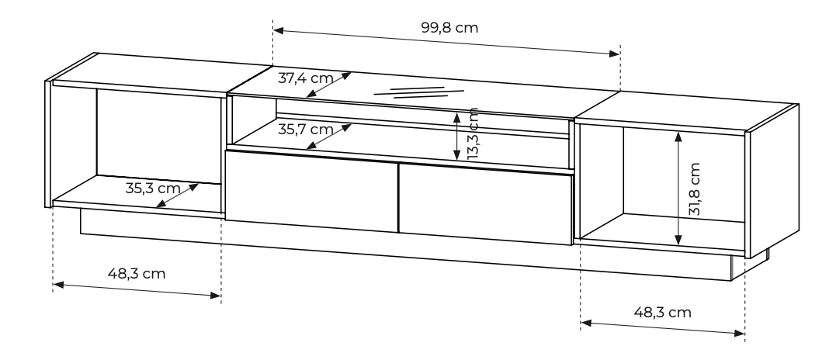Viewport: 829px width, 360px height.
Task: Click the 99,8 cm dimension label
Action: pyautogui.click(x=449, y=27)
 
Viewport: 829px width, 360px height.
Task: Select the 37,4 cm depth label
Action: pyautogui.click(x=306, y=78)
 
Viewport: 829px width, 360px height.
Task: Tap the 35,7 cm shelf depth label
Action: pyautogui.click(x=306, y=129)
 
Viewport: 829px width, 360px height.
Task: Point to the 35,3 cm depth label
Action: pyautogui.click(x=153, y=188)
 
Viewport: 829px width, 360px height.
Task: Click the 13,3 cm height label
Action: pyautogui.click(x=473, y=133)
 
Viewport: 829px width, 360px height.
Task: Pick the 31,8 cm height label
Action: pyautogui.click(x=694, y=189)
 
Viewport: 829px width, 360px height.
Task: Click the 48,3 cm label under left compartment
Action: pyautogui.click(x=137, y=273)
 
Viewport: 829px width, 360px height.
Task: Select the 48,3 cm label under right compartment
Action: pyautogui.click(x=662, y=313)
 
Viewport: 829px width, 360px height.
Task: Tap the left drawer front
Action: pyautogui.click(x=311, y=191)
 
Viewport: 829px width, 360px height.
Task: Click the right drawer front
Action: pyautogui.click(x=485, y=204)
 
